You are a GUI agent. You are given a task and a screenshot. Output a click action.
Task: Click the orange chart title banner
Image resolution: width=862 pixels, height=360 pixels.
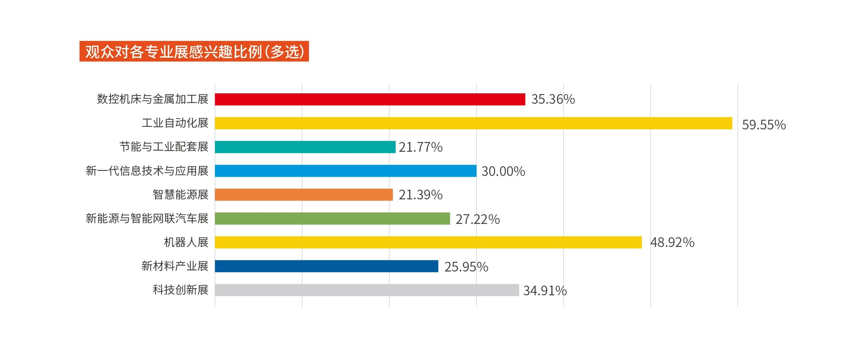click(x=194, y=51)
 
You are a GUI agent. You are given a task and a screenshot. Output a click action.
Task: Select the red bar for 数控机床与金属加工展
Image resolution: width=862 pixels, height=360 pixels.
click(x=370, y=99)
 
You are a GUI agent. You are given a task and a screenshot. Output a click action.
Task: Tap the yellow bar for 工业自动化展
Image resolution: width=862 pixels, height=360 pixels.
click(x=473, y=123)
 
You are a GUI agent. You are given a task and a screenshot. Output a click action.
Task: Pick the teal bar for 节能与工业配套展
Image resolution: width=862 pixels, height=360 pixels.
click(x=305, y=147)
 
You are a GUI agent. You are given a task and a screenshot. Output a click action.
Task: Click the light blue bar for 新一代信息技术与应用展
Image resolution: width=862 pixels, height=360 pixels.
click(x=346, y=171)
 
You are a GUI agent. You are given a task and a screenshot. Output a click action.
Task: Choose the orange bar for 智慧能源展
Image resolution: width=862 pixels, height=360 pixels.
click(x=304, y=195)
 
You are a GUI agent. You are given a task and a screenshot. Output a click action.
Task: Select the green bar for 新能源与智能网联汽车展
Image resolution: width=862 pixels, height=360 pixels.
click(x=332, y=218)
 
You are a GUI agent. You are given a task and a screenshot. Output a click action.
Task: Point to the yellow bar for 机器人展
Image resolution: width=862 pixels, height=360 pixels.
click(x=428, y=242)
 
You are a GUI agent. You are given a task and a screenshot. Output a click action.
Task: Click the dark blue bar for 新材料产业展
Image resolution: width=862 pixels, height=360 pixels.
click(x=326, y=266)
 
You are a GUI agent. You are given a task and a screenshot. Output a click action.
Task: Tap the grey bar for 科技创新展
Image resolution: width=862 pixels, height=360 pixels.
click(x=367, y=290)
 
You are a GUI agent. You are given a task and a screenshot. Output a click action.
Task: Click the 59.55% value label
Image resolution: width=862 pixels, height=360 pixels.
click(x=763, y=125)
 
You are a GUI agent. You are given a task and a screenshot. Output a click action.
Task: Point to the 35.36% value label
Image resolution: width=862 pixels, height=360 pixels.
click(x=553, y=99)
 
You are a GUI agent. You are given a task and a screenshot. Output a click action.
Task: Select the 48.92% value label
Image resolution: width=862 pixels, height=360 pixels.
click(x=672, y=242)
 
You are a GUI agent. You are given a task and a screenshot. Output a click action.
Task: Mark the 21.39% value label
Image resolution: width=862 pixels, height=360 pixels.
click(x=420, y=195)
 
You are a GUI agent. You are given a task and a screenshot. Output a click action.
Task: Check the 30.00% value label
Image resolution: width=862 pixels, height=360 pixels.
click(x=503, y=171)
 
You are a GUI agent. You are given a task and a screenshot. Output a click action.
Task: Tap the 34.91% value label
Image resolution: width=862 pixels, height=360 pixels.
click(x=545, y=290)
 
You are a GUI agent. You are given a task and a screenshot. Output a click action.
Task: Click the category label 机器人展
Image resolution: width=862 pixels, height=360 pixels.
click(x=186, y=242)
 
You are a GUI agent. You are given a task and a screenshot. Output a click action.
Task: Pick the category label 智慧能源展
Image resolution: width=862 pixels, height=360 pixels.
click(x=180, y=195)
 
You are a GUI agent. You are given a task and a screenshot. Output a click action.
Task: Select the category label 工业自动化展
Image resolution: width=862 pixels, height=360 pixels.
click(x=175, y=123)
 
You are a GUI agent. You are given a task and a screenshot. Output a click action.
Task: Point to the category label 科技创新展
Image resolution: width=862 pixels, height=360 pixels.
click(x=180, y=290)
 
